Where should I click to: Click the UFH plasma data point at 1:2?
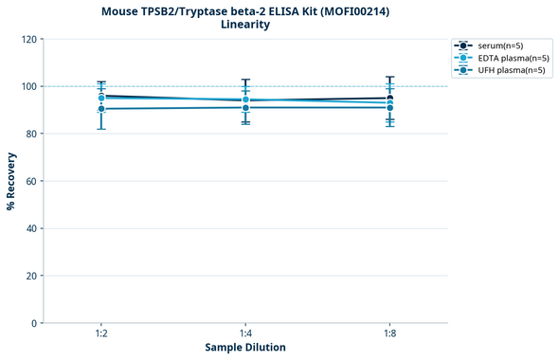coord(101,109)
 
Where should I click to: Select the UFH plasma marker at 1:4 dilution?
coord(245,107)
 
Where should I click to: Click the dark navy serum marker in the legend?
coord(462,45)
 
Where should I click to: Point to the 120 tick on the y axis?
coord(27,39)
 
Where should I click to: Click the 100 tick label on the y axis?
coord(27,86)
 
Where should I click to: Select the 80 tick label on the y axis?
coord(30,134)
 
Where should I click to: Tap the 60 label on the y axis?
coord(30,181)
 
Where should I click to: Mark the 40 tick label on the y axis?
coord(30,228)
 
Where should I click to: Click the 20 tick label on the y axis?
coord(30,276)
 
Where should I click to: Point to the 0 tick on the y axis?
coord(33,323)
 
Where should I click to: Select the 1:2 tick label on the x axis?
coord(101,333)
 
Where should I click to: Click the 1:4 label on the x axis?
coord(245,333)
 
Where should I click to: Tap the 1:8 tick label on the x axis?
coord(389,333)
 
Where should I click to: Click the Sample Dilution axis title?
coord(245,348)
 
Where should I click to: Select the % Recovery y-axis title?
coord(11,181)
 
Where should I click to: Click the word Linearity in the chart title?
coord(244,25)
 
